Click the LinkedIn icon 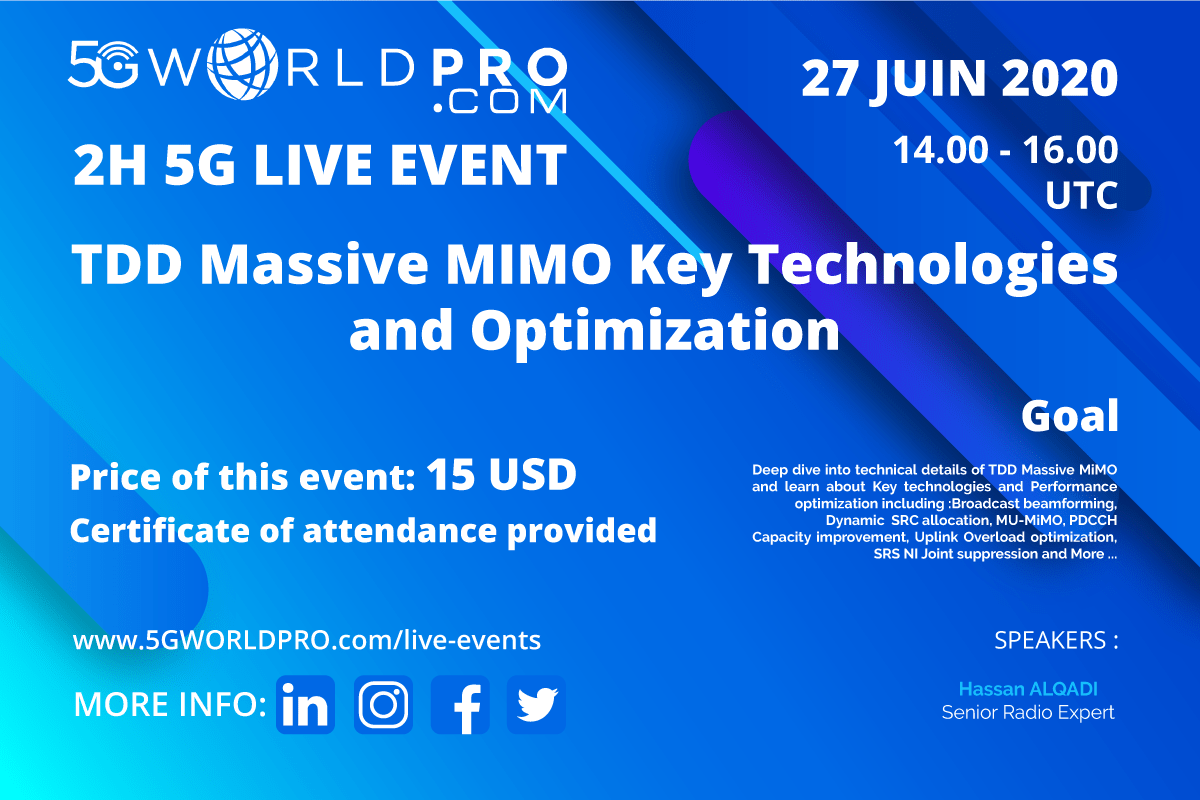[305, 704]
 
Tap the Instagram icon [383, 704]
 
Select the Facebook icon [460, 704]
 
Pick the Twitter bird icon [536, 704]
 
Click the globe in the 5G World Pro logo [242, 64]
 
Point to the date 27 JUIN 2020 [959, 78]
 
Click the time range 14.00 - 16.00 [1006, 150]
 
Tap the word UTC [1082, 195]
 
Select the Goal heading [1070, 415]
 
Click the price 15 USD [501, 475]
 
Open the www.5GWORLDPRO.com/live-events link [307, 640]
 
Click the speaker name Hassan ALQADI [1028, 689]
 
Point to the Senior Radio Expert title [1028, 713]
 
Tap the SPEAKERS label [1056, 640]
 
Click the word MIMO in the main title [528, 264]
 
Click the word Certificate [160, 530]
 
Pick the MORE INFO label [170, 704]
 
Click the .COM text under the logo [500, 102]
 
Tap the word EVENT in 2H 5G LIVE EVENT [478, 165]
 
